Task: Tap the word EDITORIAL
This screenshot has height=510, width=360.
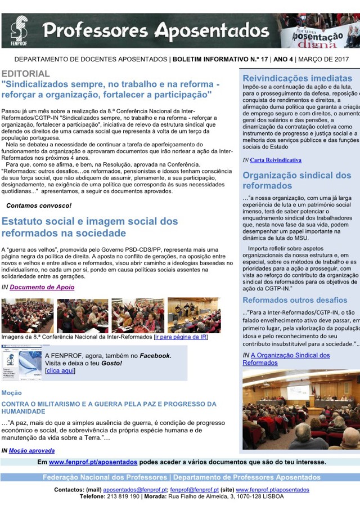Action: pos(25,74)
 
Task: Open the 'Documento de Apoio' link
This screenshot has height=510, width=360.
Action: pos(42,288)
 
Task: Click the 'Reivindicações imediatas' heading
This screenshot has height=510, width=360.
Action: pos(297,78)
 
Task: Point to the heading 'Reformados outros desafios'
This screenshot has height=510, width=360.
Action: pos(295,300)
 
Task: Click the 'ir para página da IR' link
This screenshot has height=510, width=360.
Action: pos(181,337)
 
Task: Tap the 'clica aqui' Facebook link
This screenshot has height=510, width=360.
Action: pos(60,371)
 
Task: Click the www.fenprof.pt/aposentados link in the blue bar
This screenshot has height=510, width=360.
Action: pos(93,462)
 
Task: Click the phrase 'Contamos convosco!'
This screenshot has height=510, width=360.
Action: pos(39,205)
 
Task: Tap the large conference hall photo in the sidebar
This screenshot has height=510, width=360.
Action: pos(301,409)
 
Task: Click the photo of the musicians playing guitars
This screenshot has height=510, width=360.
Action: pos(194,315)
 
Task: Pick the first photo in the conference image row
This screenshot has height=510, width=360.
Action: pos(28,315)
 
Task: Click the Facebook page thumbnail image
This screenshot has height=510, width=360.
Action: pos(22,364)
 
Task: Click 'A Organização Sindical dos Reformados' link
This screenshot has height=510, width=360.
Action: pos(290,359)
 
